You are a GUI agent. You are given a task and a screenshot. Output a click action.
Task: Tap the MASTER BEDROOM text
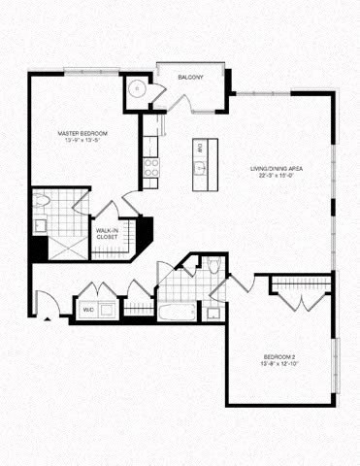coord(81,132)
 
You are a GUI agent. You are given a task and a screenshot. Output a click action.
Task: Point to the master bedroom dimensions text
coord(81,140)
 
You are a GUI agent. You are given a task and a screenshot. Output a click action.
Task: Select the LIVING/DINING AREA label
coord(282,168)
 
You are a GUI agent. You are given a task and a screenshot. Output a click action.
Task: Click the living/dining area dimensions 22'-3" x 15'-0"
coord(282,176)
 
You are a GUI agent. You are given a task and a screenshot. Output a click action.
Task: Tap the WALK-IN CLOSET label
coord(106,233)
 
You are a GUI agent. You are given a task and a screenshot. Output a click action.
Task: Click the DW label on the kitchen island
coord(199,148)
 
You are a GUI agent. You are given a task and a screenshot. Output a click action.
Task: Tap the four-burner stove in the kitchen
coord(150,166)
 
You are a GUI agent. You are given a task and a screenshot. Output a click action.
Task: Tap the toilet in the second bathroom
coord(214,267)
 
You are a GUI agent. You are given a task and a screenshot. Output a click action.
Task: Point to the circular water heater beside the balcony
coord(139,87)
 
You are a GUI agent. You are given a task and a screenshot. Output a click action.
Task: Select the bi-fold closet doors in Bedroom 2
coord(300,300)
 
